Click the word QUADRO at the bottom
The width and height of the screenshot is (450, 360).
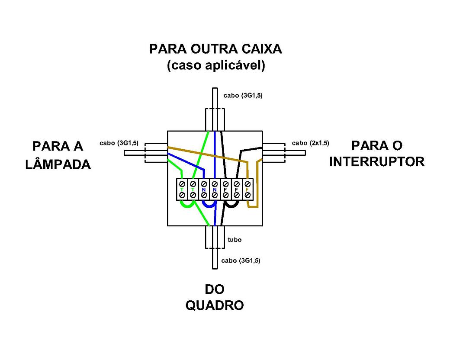(215, 305)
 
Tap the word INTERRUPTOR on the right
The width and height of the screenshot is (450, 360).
(376, 162)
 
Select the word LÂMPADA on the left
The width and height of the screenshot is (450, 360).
(58, 164)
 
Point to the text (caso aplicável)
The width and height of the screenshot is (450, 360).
(216, 66)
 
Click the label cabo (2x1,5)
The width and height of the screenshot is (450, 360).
(310, 143)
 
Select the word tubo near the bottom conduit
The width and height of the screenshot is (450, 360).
(235, 240)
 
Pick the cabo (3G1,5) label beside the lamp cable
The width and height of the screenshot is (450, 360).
(119, 143)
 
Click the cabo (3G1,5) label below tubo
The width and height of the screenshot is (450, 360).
(241, 260)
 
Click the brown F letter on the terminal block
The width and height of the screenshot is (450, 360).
(247, 190)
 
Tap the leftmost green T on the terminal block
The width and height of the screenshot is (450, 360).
(182, 190)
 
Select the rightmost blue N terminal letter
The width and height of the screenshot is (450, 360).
(215, 190)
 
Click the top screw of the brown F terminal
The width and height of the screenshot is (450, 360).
(247, 184)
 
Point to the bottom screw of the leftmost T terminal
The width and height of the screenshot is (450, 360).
(182, 195)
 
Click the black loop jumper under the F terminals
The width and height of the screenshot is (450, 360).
(231, 205)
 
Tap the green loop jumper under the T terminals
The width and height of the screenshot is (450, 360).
(187, 206)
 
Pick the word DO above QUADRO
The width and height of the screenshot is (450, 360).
(215, 289)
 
